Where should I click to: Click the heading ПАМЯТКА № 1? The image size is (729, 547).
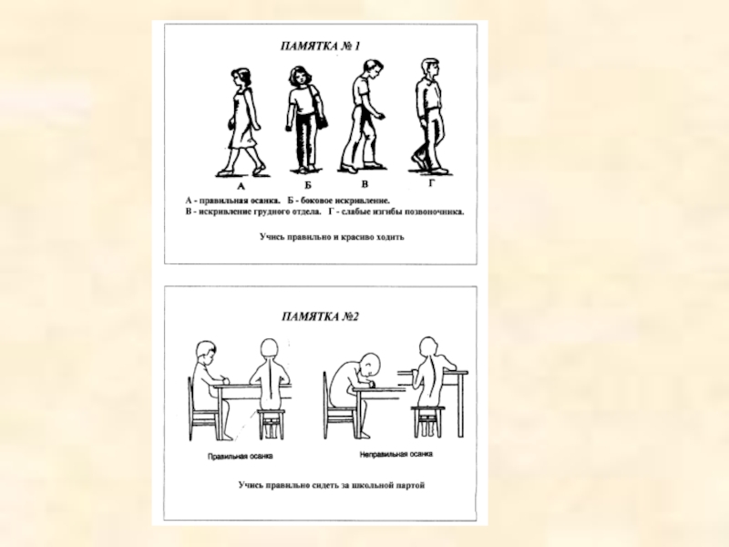tap(320, 46)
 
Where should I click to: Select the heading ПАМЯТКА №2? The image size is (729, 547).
tap(320, 316)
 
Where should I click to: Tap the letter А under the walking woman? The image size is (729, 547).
tap(241, 187)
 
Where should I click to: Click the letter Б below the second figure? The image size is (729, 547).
tap(308, 185)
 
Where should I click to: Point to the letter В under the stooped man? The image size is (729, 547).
tap(364, 184)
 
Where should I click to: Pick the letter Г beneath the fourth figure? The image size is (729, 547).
tap(431, 183)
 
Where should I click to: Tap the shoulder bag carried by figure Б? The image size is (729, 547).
tap(322, 119)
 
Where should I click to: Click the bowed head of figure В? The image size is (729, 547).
tap(373, 69)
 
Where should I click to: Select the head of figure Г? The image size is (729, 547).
tap(429, 68)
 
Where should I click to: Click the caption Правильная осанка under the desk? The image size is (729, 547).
tap(240, 457)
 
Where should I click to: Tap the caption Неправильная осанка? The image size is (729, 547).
tap(396, 454)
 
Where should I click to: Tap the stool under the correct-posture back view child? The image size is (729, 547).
tap(271, 423)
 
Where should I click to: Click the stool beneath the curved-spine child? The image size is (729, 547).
tap(427, 421)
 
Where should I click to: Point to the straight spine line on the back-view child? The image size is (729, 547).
tap(270, 380)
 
